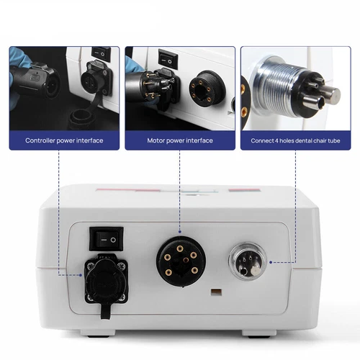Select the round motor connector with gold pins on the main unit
(179, 258)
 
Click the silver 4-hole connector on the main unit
(246, 261)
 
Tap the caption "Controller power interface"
(63, 140)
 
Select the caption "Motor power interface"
(179, 140)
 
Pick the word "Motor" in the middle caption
(158, 140)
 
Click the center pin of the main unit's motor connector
(179, 258)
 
